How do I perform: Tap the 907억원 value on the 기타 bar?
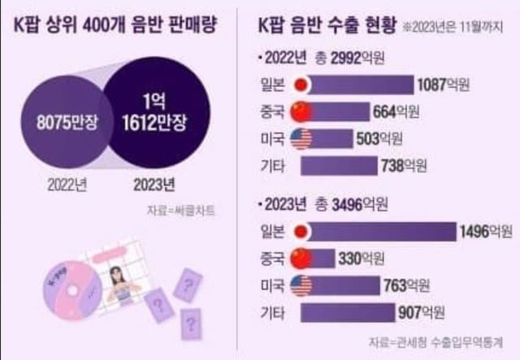click(x=444, y=313)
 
